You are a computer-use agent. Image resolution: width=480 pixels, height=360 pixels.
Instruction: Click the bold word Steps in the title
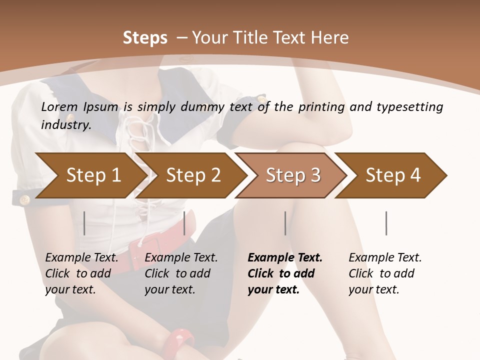click(145, 38)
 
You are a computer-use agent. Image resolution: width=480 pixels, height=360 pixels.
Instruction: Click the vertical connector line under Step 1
click(84, 223)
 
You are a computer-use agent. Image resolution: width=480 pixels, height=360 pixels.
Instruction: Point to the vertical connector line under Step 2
click(184, 223)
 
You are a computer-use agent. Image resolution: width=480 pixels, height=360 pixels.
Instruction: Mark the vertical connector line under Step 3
click(285, 223)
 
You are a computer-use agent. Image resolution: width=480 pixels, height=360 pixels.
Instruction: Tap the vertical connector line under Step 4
click(386, 223)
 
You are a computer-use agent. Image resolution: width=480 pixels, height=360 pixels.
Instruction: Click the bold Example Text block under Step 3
click(285, 273)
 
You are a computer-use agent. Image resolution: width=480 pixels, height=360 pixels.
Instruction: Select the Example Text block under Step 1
click(81, 273)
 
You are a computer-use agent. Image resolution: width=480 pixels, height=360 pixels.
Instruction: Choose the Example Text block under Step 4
click(385, 273)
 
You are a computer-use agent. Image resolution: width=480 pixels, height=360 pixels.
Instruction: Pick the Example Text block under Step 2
click(181, 273)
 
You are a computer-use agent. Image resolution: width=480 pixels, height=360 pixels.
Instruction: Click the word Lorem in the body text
click(59, 106)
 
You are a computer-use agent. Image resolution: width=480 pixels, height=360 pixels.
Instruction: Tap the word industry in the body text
click(65, 125)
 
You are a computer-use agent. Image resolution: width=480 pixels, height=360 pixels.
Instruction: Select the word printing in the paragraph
click(321, 106)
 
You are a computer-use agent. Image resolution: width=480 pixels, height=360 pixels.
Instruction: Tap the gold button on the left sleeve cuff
click(24, 200)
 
